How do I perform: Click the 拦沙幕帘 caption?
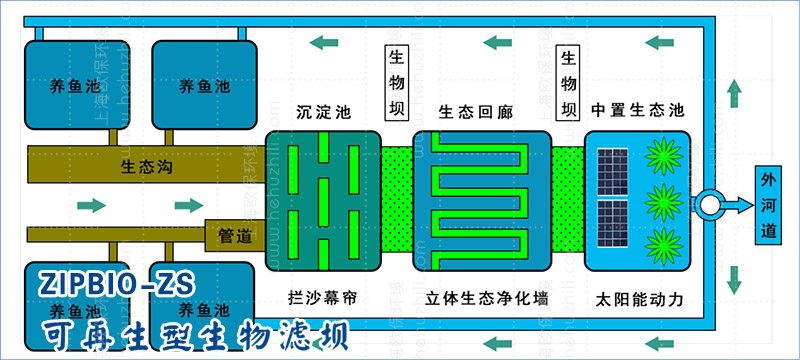(x=322, y=299)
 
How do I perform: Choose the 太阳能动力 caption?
(x=637, y=299)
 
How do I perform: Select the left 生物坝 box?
(x=397, y=82)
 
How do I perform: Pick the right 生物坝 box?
(x=569, y=82)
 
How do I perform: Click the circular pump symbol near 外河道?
(x=712, y=204)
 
